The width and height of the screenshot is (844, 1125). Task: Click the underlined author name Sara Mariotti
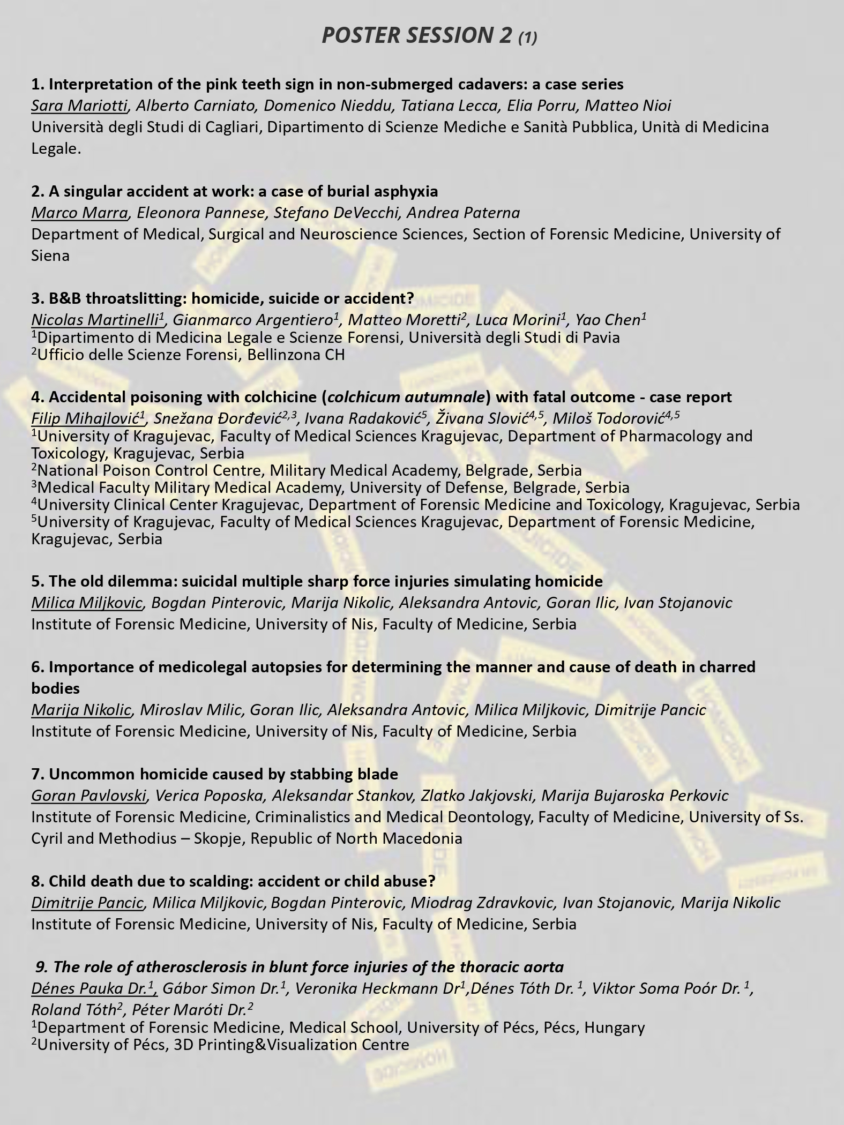tap(79, 106)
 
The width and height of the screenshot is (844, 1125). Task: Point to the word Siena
tap(50, 256)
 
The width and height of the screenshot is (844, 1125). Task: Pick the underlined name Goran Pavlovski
tap(88, 796)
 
